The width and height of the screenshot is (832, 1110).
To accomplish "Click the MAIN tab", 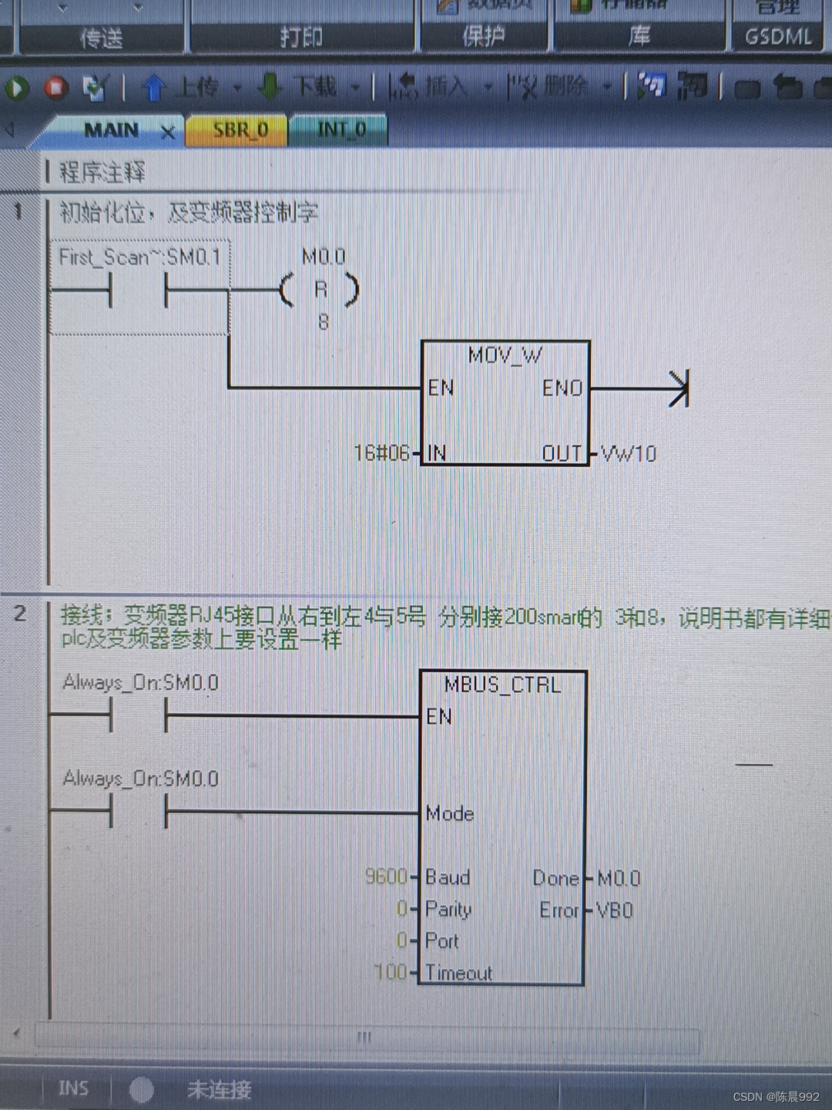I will pyautogui.click(x=112, y=130).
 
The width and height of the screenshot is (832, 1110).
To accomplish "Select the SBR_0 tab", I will pyautogui.click(x=240, y=129).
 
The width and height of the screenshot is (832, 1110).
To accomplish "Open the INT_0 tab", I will pyautogui.click(x=341, y=129).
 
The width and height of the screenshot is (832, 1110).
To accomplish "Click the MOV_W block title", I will pyautogui.click(x=505, y=355).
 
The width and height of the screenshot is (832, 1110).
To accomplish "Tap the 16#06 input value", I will pyautogui.click(x=381, y=452).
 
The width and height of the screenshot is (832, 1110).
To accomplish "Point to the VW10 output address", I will pyautogui.click(x=629, y=453).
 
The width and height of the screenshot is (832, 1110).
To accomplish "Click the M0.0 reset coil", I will pyautogui.click(x=320, y=290).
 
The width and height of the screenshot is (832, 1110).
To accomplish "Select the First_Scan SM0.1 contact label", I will pyautogui.click(x=139, y=257).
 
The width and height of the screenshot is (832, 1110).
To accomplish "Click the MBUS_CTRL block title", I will pyautogui.click(x=502, y=684).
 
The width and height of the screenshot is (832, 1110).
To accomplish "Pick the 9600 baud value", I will pyautogui.click(x=386, y=876).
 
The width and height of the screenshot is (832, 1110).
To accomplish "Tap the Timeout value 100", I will pyautogui.click(x=391, y=972).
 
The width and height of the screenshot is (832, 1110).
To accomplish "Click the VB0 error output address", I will pyautogui.click(x=615, y=910).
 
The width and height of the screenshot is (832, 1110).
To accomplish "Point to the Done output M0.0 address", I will pyautogui.click(x=619, y=878).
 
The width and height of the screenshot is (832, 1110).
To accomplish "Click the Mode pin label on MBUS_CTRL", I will pyautogui.click(x=450, y=813).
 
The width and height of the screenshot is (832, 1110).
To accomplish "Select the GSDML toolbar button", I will pyautogui.click(x=778, y=36).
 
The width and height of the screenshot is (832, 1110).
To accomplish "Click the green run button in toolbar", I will pyautogui.click(x=17, y=89).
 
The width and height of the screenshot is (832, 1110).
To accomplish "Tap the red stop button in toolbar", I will pyautogui.click(x=55, y=89).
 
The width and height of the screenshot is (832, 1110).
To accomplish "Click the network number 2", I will pyautogui.click(x=20, y=614).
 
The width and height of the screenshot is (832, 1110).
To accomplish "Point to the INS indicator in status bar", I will pyautogui.click(x=74, y=1088).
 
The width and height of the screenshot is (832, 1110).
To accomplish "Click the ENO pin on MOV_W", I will pyautogui.click(x=562, y=388).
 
